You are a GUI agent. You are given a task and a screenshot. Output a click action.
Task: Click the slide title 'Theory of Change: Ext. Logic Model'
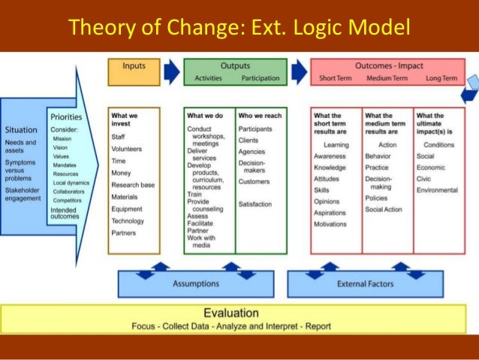[x=239, y=28]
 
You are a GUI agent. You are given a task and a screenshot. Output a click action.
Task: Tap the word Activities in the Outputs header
[x=208, y=78]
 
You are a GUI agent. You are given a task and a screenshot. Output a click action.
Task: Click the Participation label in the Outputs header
[x=261, y=78]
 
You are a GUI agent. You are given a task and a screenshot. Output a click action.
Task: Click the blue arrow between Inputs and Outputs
[x=172, y=71]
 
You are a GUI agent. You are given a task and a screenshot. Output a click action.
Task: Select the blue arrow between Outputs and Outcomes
[x=299, y=71]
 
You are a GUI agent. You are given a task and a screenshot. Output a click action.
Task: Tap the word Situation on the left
[x=21, y=129]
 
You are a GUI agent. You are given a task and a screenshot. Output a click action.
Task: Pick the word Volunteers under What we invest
[x=126, y=149]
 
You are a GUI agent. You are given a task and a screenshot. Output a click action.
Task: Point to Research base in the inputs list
[x=133, y=185]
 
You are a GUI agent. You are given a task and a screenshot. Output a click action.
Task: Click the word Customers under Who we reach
[x=254, y=182]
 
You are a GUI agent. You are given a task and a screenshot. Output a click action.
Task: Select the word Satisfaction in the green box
[x=256, y=204]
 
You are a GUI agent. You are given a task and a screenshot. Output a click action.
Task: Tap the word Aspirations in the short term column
[x=331, y=213]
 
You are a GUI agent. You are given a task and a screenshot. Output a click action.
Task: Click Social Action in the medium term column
[x=384, y=210]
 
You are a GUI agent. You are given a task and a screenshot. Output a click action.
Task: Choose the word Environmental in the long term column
[x=437, y=190]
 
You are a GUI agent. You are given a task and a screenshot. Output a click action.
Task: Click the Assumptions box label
[x=196, y=284]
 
